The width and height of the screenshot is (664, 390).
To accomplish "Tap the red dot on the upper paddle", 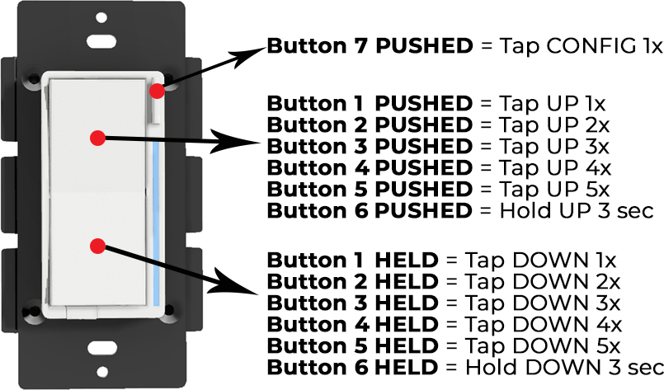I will [98, 139].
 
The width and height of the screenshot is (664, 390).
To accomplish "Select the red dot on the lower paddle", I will [98, 246].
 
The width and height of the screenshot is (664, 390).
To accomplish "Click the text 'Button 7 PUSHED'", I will [370, 46].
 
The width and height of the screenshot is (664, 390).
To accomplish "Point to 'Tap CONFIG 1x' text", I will [569, 46].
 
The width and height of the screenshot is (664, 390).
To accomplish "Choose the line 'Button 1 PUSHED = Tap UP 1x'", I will [436, 104].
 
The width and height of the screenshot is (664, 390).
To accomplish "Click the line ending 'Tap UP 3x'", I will [438, 147].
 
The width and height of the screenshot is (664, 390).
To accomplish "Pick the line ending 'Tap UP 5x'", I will [437, 190].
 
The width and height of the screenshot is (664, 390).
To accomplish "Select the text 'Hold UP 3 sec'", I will [577, 211].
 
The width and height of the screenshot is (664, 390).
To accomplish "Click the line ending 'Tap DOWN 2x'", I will [442, 282].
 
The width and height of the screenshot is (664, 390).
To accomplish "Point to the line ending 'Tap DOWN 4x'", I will [443, 325].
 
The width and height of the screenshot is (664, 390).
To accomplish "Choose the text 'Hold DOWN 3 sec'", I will [564, 367].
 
